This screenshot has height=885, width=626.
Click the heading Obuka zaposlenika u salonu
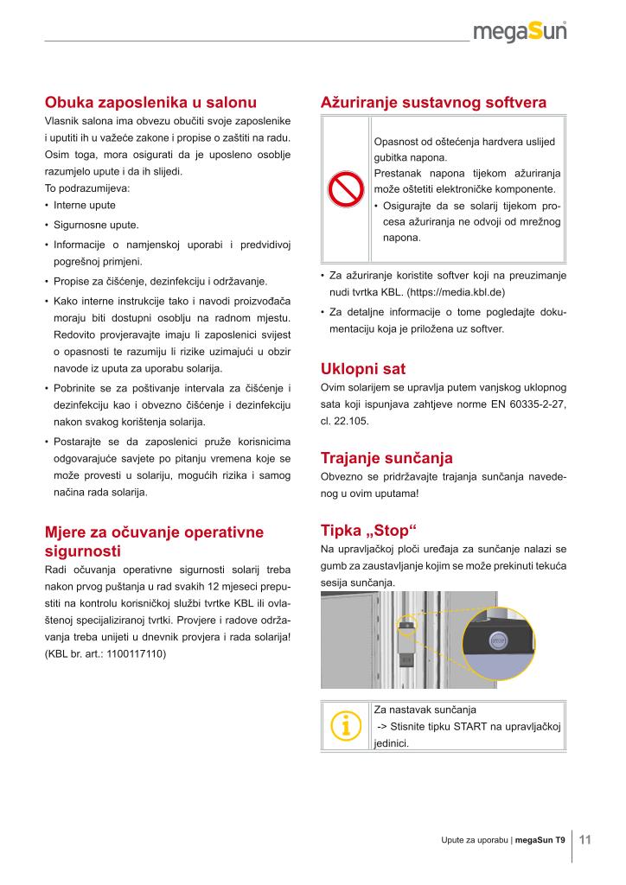150,102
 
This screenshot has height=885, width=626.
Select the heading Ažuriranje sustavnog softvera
433,102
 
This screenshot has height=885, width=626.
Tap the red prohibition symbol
345,190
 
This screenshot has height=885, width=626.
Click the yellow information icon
345,726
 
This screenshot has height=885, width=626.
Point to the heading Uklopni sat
362,369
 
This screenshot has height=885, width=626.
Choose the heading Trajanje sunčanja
386,457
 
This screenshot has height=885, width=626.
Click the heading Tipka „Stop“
368,530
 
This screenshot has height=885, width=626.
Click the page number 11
584,839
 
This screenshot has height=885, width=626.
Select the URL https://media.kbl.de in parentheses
456,292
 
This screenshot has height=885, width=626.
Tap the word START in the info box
470,726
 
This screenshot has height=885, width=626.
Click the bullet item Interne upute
84,206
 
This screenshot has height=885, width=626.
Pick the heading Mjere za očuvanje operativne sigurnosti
154,541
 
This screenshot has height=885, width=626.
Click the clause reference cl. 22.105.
344,421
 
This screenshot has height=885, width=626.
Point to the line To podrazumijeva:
86,188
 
